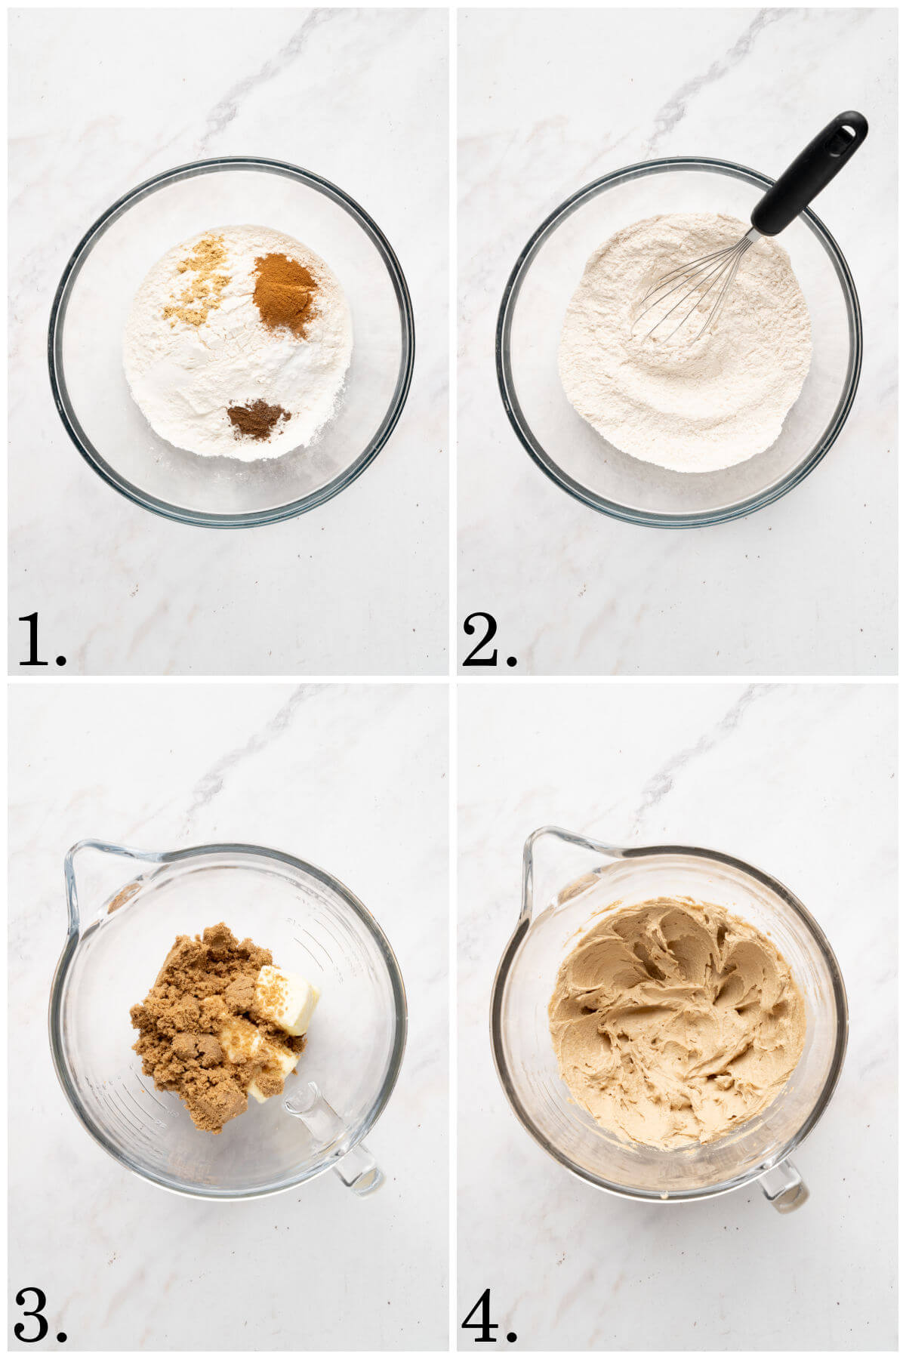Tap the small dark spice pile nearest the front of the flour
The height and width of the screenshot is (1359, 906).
coord(257,420)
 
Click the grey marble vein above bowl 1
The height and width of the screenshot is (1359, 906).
coord(249,83)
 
